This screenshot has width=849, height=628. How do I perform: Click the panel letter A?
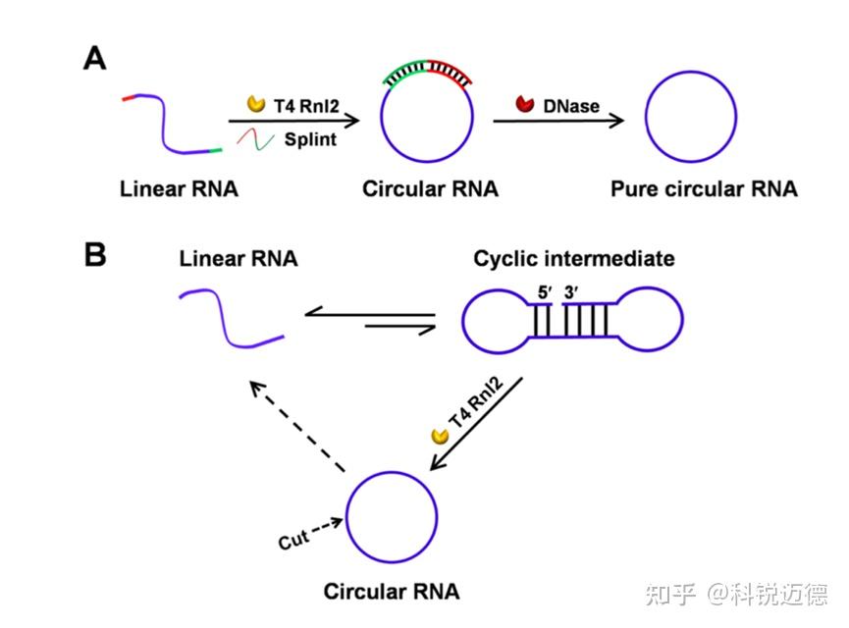95,59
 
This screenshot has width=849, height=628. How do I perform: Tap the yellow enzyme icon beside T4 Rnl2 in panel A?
255,103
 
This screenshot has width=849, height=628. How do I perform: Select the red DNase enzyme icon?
525,103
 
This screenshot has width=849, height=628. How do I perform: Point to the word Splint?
310,139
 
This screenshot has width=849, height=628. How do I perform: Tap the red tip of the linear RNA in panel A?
130,99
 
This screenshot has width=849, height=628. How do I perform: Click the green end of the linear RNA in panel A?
215,150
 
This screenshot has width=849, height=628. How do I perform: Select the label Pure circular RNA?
704,189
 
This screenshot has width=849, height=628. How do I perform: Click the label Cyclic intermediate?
574,259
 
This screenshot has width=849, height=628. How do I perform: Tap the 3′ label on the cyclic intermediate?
572,290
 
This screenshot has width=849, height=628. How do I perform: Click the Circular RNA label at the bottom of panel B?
391,592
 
